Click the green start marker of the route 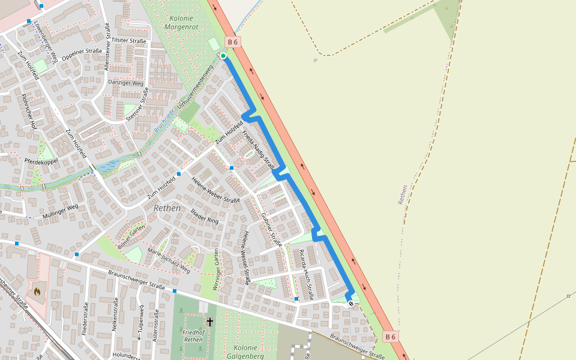tap(223, 56)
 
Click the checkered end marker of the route tap(351, 304)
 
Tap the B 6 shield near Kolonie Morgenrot tap(233, 41)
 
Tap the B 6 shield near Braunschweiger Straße tap(391, 337)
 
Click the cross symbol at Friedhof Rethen tap(210, 322)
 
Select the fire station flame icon tap(37, 292)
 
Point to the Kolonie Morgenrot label tap(185, 23)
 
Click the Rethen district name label tap(167, 208)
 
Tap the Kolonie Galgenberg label tap(245, 352)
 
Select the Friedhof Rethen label tap(193, 336)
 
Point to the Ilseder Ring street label tap(205, 217)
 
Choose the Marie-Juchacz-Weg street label tap(169, 262)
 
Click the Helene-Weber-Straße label tap(215, 190)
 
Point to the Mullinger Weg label tap(60, 211)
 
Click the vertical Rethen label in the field tap(402, 194)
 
